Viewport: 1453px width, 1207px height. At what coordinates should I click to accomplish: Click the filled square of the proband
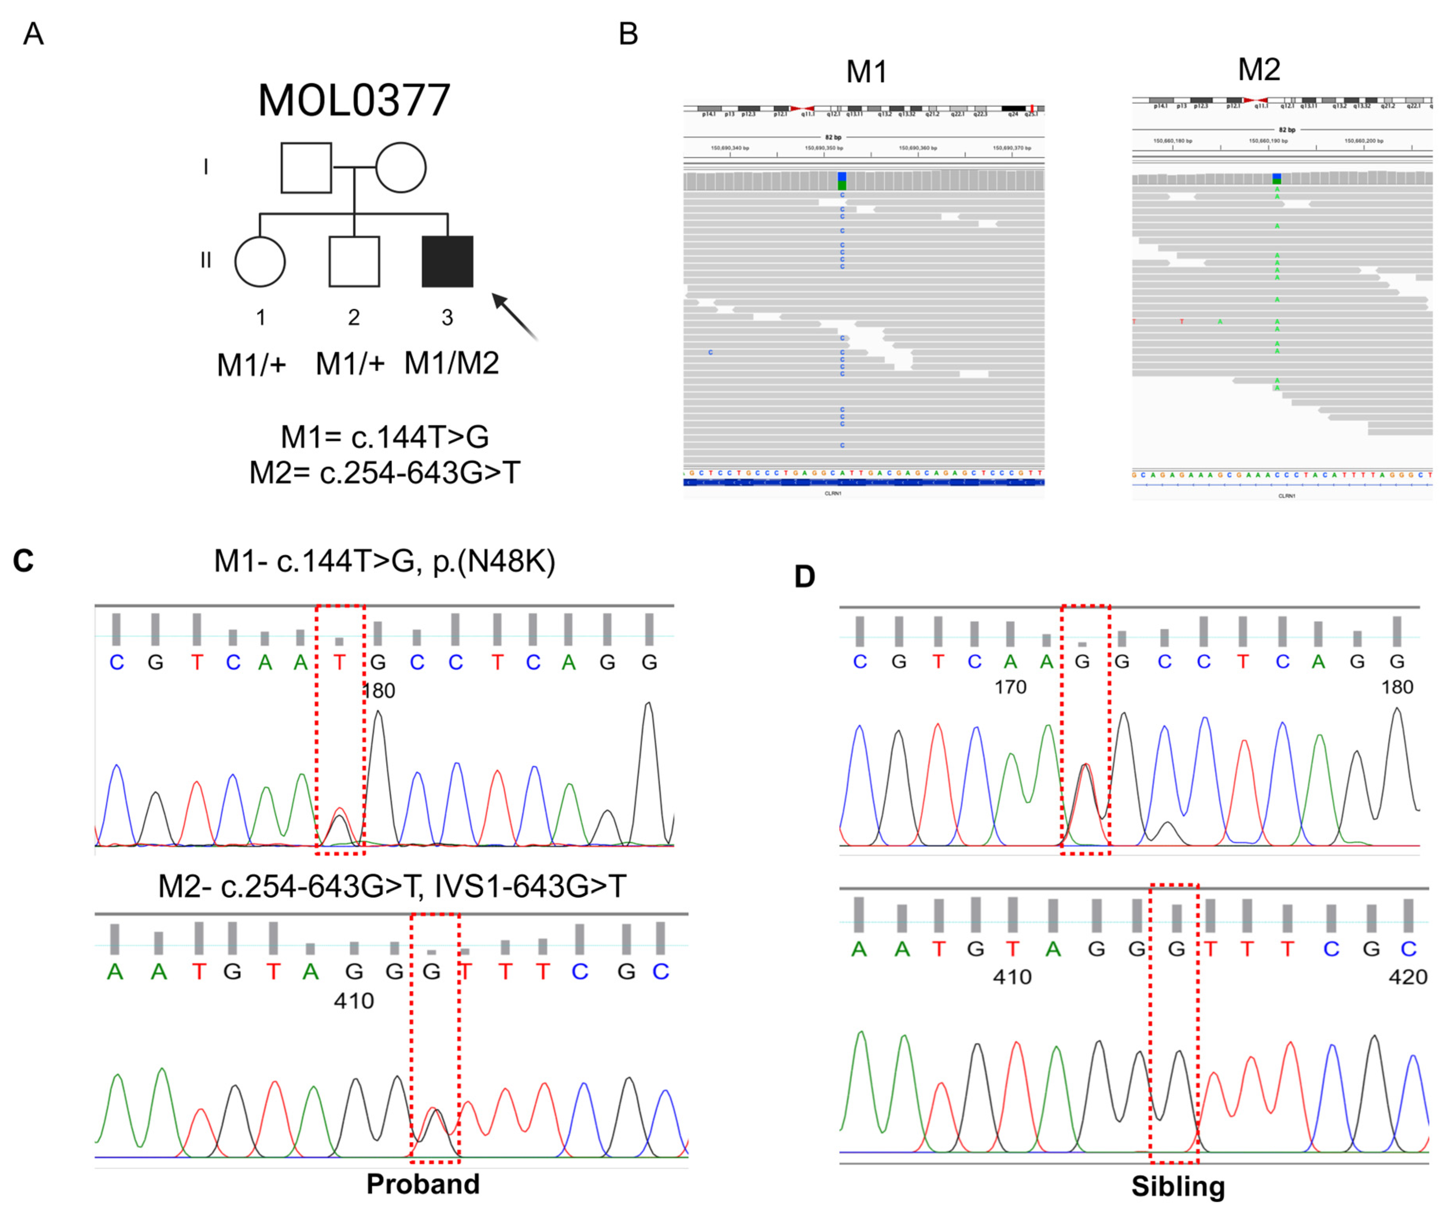pyautogui.click(x=448, y=261)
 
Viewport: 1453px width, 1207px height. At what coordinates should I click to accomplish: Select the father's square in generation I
pyautogui.click(x=306, y=167)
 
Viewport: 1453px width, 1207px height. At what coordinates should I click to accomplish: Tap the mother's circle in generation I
pyautogui.click(x=401, y=167)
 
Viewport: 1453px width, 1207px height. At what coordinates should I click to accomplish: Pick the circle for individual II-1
pyautogui.click(x=260, y=261)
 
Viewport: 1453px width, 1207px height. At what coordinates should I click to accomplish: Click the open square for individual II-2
pyautogui.click(x=354, y=261)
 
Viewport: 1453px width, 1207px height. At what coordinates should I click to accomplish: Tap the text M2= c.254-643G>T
pyautogui.click(x=384, y=473)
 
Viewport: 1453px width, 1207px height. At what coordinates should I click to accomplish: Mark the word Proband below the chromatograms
pyautogui.click(x=423, y=1183)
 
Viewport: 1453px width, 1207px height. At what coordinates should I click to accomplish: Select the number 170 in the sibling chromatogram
pyautogui.click(x=1010, y=687)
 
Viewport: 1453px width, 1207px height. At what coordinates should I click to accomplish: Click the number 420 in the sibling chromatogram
pyautogui.click(x=1407, y=977)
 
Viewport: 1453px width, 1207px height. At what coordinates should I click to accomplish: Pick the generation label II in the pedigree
pyautogui.click(x=206, y=261)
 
